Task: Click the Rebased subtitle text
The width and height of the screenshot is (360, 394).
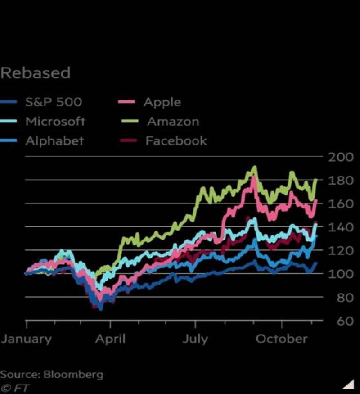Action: click(x=36, y=73)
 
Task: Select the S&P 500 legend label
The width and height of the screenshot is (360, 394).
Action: click(x=54, y=102)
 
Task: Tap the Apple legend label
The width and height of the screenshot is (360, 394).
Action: click(x=162, y=102)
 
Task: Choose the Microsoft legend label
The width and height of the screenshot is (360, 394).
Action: click(x=55, y=122)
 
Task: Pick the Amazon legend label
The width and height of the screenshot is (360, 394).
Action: click(x=173, y=122)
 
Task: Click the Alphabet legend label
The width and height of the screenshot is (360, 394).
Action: click(x=54, y=141)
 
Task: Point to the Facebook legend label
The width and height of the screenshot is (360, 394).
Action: click(x=176, y=141)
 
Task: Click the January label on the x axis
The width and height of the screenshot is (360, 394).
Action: click(x=26, y=339)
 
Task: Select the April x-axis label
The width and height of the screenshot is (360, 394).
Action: click(x=110, y=339)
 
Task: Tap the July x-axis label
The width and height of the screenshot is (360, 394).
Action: click(x=195, y=339)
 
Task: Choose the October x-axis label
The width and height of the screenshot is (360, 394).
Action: click(x=282, y=339)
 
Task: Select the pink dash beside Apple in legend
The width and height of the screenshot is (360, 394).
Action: click(x=127, y=102)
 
